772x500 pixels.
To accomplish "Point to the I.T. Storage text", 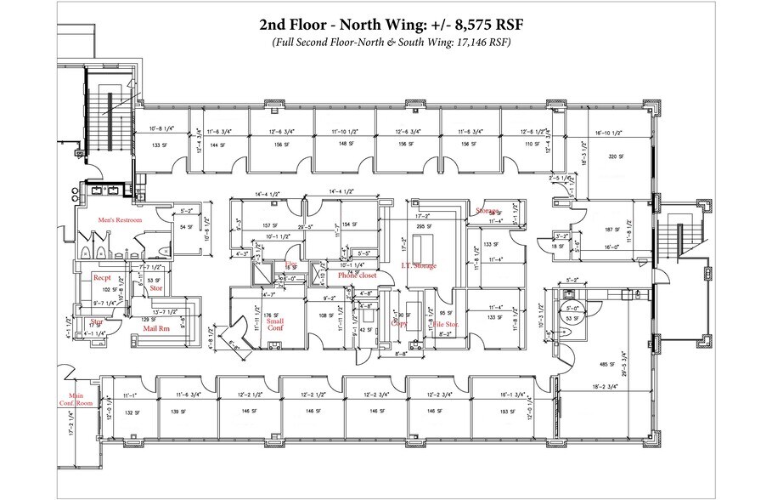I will click(x=419, y=267).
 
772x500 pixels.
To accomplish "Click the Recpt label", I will click(x=103, y=277).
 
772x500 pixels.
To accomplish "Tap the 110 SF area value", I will click(x=533, y=145).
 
